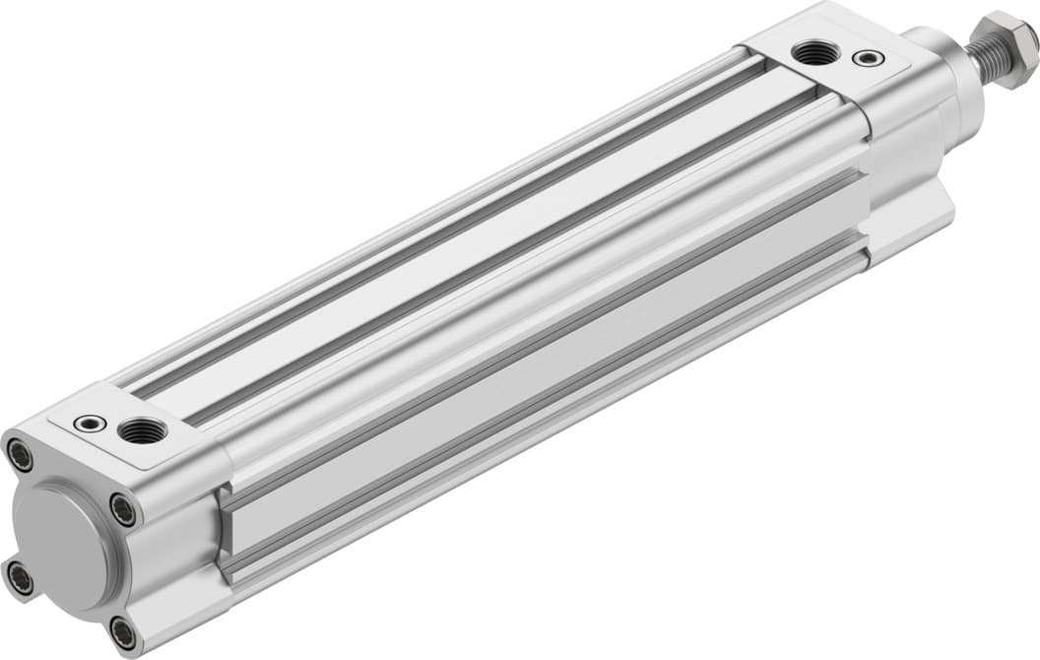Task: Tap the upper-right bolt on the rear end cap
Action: coord(123,509)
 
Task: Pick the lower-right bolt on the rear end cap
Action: coord(122,631)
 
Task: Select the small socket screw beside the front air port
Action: coord(868,59)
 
